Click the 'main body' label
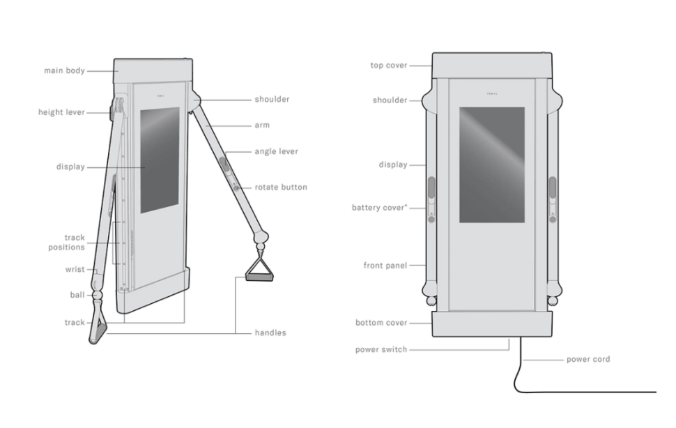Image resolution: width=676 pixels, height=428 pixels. click(65, 70)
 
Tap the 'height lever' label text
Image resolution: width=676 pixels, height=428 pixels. click(61, 112)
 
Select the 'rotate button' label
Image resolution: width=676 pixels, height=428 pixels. click(280, 187)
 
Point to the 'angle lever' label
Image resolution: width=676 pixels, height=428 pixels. click(276, 151)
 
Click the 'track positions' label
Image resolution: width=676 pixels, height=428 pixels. click(66, 242)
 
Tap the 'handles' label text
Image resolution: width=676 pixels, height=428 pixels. click(270, 333)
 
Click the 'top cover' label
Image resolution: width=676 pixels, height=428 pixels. click(389, 66)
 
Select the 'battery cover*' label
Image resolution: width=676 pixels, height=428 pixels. click(380, 208)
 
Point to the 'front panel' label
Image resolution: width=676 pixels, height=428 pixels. click(385, 266)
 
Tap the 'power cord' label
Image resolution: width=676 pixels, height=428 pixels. click(587, 360)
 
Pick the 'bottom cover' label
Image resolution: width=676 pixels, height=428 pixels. click(381, 323)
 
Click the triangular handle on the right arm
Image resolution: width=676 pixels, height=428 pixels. click(259, 270)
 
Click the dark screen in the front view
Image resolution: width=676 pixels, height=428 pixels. click(492, 165)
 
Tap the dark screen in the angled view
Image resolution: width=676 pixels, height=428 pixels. click(160, 160)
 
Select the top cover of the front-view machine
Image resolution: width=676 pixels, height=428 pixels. click(492, 66)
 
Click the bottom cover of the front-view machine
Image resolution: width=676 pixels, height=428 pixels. click(492, 324)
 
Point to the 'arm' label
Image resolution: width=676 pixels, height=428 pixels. click(262, 125)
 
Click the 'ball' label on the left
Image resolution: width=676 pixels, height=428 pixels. click(77, 295)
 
